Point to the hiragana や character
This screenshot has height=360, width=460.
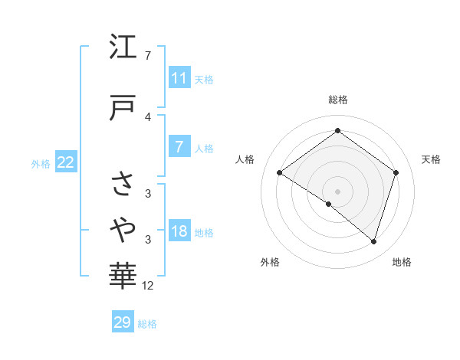point(123,227)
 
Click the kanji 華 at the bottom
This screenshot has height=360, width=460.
point(123,273)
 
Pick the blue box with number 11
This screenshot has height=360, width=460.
point(179,78)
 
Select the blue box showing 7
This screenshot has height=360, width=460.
point(179,147)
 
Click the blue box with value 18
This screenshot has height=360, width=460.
point(179,231)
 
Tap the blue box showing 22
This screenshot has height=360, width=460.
point(66,162)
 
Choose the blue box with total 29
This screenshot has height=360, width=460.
point(123,322)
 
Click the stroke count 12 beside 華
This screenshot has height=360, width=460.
point(148,286)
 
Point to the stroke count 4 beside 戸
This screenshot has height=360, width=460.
point(148,116)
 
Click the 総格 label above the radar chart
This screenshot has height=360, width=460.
point(337,100)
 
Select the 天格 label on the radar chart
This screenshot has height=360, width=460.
point(431,159)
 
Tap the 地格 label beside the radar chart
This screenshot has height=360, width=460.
point(402,262)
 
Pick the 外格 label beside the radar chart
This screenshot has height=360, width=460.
point(270,262)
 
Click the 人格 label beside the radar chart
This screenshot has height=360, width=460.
point(245,159)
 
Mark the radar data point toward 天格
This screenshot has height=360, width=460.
point(396,172)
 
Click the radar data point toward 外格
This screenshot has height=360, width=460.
point(329,204)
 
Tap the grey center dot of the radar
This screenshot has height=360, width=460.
point(337,191)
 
